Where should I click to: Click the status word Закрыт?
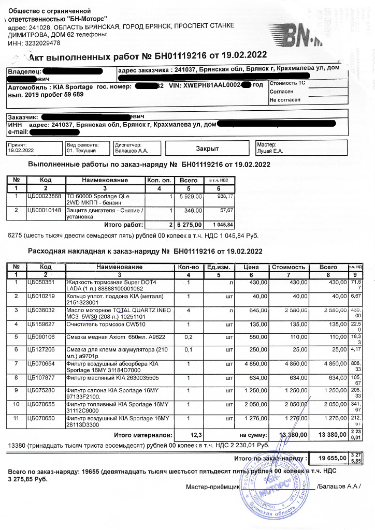207,149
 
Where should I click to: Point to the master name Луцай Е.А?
270,151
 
